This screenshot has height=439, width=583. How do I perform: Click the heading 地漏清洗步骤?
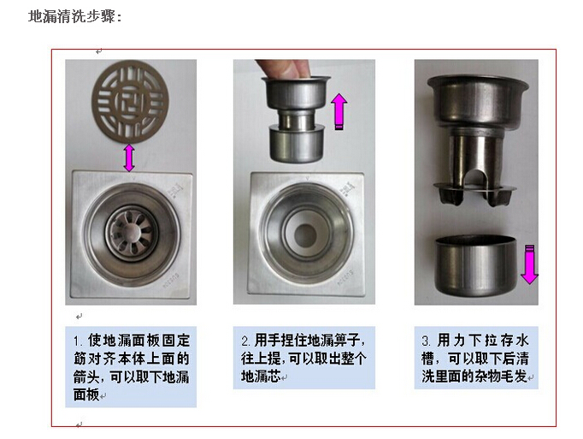point(74,16)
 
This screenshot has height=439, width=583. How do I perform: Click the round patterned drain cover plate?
point(130,102)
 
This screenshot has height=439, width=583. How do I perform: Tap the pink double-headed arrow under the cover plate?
point(129,157)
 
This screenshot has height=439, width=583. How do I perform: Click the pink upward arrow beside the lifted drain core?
point(339,111)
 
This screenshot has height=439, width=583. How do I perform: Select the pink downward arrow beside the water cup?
point(529,264)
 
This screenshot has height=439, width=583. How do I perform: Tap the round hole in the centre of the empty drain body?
point(305,235)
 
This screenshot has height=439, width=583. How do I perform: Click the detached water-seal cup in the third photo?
point(475,264)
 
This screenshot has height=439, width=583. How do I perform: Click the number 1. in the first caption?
point(78,341)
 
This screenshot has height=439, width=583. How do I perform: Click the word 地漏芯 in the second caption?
point(261,377)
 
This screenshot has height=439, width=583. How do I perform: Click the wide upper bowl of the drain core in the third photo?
point(477,100)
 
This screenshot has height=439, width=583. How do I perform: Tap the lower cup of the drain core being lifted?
point(297,145)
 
